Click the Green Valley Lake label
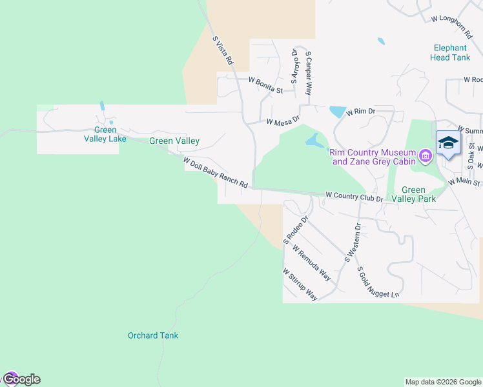pos(100,134)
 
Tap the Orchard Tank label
pos(152,335)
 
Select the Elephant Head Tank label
pos(451,52)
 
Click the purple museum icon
pos(425,155)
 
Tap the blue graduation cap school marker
pos(447,143)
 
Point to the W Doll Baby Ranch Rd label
pos(215,173)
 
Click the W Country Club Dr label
pos(355,195)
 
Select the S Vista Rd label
pos(222,50)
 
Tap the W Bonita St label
pos(265,85)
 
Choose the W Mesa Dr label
pos(283,121)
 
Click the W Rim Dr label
pos(361,112)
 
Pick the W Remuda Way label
pos(311,263)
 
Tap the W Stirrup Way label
pos(300,284)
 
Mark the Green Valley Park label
pos(418,194)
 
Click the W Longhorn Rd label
pos(456,18)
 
